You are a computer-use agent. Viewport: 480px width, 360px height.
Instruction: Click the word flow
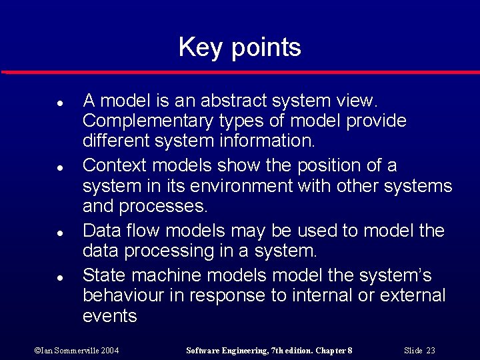coord(143,231)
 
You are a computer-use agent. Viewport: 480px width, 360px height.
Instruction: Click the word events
coord(110,316)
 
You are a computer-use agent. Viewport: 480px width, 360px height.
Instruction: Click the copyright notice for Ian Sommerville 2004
coord(76,350)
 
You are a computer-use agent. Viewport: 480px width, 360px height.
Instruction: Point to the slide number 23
coord(430,350)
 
